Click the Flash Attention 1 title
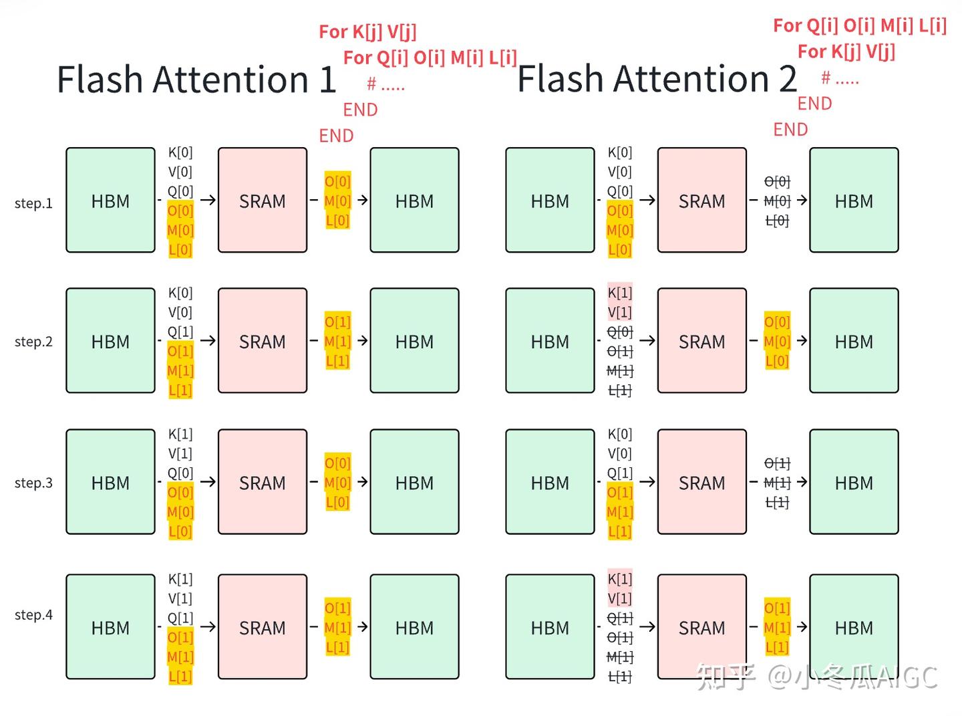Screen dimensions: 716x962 tap(196, 80)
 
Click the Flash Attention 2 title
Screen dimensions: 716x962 tap(657, 79)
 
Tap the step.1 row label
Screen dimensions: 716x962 tap(33, 203)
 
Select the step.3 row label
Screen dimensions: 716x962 tap(33, 483)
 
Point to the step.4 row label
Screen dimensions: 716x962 tap(33, 614)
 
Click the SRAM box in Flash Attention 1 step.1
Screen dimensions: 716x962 tap(263, 201)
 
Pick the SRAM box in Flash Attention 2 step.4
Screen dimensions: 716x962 tap(701, 627)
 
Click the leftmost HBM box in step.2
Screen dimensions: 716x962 tap(110, 341)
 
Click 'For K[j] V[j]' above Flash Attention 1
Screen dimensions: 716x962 tap(367, 31)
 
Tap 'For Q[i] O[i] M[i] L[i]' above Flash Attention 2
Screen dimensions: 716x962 tap(860, 25)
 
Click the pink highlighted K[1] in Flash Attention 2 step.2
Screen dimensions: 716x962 tap(619, 293)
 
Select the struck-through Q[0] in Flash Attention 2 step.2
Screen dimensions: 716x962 tap(619, 332)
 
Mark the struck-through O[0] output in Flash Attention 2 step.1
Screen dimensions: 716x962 tap(777, 181)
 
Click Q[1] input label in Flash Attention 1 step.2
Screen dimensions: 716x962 tap(180, 332)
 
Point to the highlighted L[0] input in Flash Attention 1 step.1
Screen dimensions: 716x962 tap(180, 250)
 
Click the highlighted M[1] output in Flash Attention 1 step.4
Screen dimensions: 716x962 tap(337, 628)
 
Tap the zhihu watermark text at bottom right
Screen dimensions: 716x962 tap(816, 677)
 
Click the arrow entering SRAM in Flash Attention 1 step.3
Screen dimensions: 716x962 tap(208, 481)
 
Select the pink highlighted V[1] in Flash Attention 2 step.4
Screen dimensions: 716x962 tap(619, 598)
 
